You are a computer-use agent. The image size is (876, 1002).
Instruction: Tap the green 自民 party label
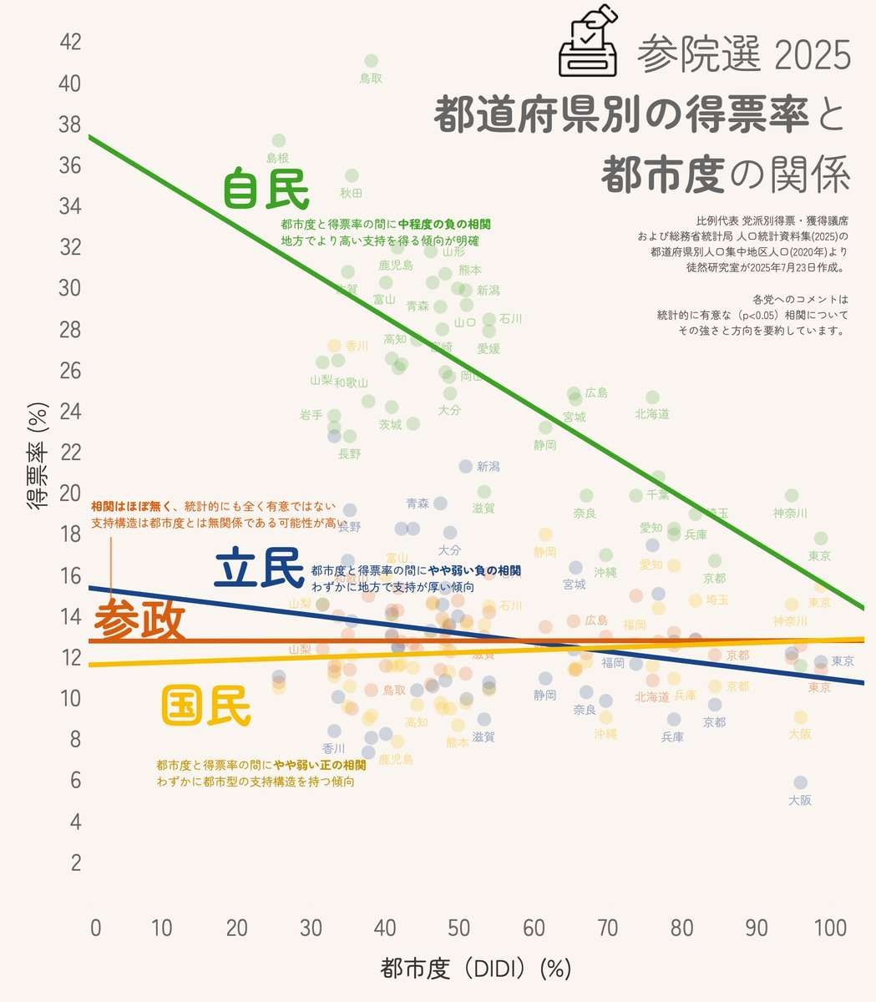point(266,189)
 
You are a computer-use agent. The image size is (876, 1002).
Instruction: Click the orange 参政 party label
point(139,622)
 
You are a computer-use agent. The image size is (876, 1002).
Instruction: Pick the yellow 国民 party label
point(205,706)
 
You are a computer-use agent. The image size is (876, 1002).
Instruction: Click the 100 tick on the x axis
point(830,928)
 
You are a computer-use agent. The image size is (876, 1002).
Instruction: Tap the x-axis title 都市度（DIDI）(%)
point(475,969)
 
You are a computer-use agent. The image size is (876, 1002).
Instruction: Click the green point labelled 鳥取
point(372,61)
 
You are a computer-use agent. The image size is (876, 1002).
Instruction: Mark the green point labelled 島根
point(279,140)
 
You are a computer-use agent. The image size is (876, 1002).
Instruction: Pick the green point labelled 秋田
point(352,175)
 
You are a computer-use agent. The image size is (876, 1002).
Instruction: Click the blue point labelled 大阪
point(800,782)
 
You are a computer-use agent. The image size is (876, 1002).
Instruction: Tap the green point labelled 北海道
point(652,397)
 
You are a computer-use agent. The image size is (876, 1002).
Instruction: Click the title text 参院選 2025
point(744,55)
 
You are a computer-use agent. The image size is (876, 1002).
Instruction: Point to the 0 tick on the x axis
point(96,928)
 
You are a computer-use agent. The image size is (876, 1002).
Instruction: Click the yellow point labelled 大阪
point(800,717)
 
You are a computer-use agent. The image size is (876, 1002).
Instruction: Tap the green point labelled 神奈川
point(792,496)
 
